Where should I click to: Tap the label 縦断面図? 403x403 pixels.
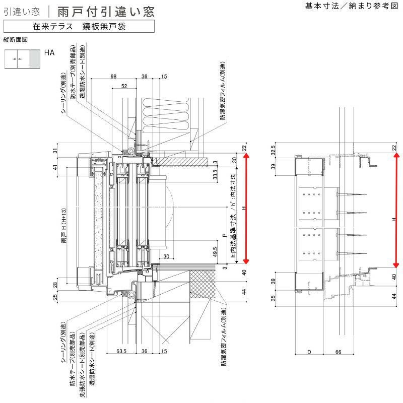click(x=15, y=39)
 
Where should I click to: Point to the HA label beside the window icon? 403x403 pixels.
click(x=49, y=52)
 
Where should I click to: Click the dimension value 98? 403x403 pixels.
click(x=113, y=76)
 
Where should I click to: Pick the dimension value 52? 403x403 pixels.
click(x=124, y=86)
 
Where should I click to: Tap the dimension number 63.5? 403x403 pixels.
click(x=120, y=351)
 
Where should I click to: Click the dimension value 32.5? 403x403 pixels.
click(x=274, y=150)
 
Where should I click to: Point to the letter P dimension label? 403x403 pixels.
click(x=224, y=235)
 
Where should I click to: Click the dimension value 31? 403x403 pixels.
click(x=55, y=150)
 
